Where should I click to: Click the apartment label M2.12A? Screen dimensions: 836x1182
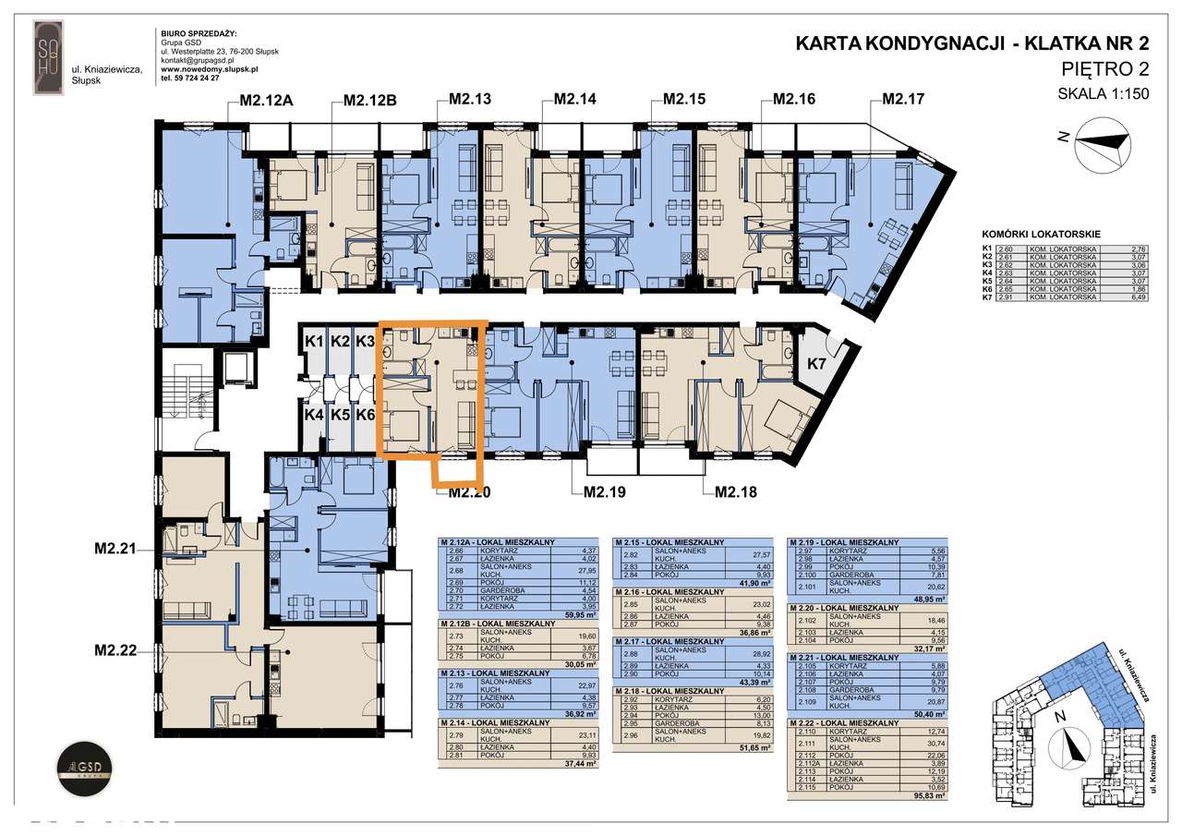point(267,101)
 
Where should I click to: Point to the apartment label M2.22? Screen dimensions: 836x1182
point(115,650)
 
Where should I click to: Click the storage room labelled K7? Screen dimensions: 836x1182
point(815,363)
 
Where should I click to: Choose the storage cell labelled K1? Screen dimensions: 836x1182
point(314,343)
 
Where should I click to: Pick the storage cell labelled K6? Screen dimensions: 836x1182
point(365,415)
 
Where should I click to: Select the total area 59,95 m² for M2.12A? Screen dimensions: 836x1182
point(580,613)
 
